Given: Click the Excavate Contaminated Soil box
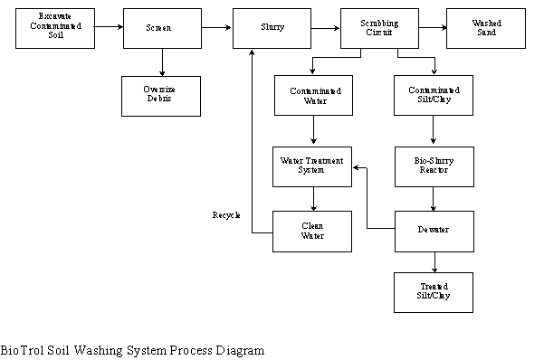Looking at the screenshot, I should coord(54,27).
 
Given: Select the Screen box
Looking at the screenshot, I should coord(162,28).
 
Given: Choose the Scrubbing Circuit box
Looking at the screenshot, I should coord(379,28).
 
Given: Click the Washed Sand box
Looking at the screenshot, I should coord(486,27).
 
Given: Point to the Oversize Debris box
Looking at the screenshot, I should coord(162,96).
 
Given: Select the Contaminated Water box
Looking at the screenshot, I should coord(313,95).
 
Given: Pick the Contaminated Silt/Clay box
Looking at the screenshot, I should coord(434,95).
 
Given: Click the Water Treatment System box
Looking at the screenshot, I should coord(313,165).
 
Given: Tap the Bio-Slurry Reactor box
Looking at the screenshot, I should coord(434,165).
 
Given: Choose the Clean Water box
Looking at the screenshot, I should coord(313,231).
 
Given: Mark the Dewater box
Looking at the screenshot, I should coord(435,231).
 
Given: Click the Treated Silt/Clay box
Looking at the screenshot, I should coord(434,291).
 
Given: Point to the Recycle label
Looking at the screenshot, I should coord(226,215).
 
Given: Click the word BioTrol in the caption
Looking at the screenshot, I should coord(19,349).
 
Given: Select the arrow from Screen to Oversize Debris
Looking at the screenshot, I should coord(162,62).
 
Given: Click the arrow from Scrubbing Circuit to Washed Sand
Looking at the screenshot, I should coord(433,27).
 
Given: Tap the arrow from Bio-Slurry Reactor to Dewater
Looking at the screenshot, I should coord(434,198).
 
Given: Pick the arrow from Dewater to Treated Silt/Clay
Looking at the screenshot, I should coord(434,262).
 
